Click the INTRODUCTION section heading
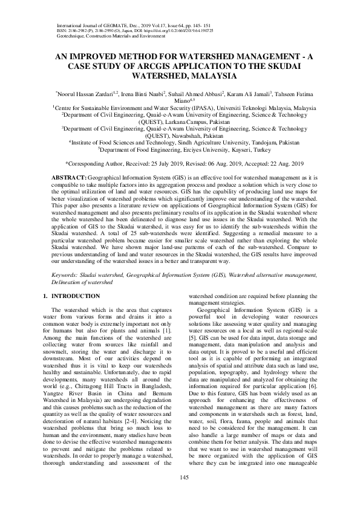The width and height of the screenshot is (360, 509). click(76, 296)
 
